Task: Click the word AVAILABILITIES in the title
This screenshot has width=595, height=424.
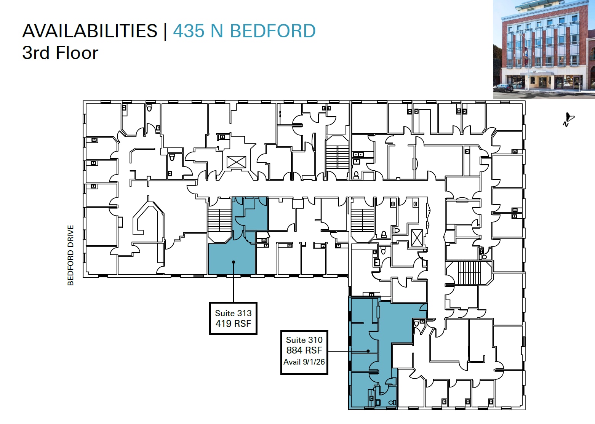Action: click(90, 31)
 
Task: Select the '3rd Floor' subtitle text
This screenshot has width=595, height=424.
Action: click(60, 53)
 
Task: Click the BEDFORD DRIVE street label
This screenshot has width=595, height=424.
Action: click(70, 255)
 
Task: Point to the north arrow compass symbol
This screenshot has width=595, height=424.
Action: click(568, 119)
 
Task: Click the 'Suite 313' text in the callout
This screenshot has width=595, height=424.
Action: click(233, 313)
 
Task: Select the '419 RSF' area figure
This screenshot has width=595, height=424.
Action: click(233, 324)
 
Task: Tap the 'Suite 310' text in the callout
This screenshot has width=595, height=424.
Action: click(304, 340)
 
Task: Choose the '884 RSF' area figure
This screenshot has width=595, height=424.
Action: click(304, 350)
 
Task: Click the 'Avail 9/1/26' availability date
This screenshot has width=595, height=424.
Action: click(304, 362)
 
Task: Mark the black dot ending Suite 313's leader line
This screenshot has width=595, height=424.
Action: click(234, 262)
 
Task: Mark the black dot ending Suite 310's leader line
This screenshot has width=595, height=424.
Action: click(368, 351)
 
